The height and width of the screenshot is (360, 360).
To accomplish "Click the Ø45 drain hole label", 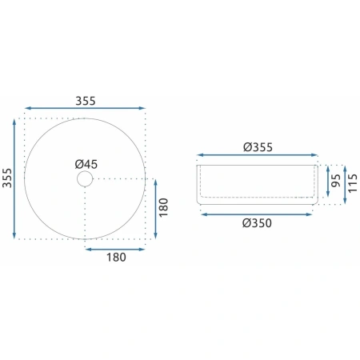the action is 86,164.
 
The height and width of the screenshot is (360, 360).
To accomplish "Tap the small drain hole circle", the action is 85,171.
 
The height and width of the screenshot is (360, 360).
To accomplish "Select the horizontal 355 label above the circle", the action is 86,101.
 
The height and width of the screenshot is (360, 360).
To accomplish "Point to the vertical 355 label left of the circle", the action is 7,178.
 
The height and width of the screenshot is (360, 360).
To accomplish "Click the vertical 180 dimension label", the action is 163,207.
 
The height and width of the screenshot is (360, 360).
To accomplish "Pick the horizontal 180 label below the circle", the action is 116,258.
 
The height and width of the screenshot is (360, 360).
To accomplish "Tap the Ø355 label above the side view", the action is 258,147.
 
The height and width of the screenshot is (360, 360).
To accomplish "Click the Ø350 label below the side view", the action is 257,223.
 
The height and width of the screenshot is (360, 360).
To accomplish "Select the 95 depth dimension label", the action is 336,181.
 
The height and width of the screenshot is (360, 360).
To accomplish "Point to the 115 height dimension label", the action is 352,183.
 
